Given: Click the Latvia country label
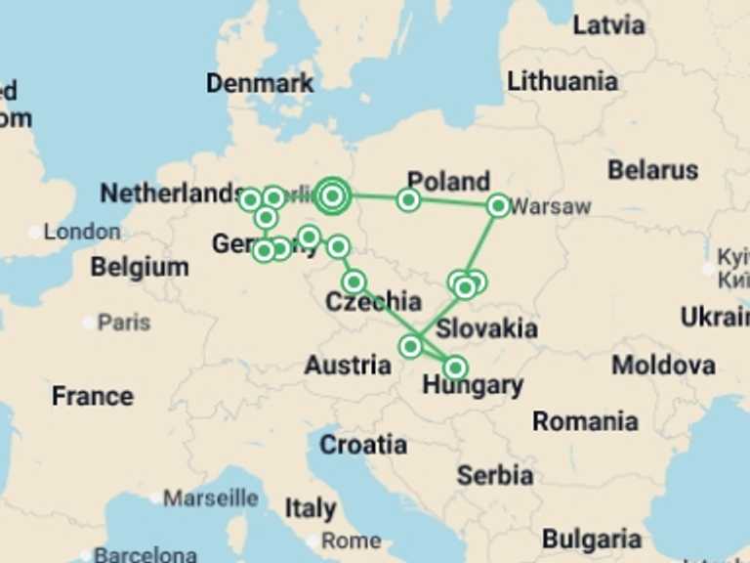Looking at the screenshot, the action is coord(608,25).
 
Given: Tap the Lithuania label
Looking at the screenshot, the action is coord(562,81).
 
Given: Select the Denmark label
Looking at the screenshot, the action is coord(260,84).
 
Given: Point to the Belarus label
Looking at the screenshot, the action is coord(652,170).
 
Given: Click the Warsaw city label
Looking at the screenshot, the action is coord(551,206).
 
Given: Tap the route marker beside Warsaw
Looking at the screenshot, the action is coord(498,205).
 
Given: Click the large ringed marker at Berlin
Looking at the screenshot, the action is coord(332,196).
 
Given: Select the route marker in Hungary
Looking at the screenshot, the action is coord(455,368).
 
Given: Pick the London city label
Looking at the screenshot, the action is coord(82,232).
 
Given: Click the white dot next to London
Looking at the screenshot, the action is coord(36,233).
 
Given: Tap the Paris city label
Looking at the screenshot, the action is coord(124,323).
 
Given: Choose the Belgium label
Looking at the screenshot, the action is coord(140,267).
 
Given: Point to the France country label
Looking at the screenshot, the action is coord(92,397).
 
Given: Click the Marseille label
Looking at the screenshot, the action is coord(210,498).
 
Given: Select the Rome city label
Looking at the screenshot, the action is coord(352,541).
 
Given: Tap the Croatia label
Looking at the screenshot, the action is coord(363,446).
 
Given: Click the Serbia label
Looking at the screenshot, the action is coord(495,476).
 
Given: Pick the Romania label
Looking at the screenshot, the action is coord(585,422).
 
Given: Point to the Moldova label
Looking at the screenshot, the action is coord(663,367).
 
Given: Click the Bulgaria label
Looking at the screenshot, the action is coord(592,540).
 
